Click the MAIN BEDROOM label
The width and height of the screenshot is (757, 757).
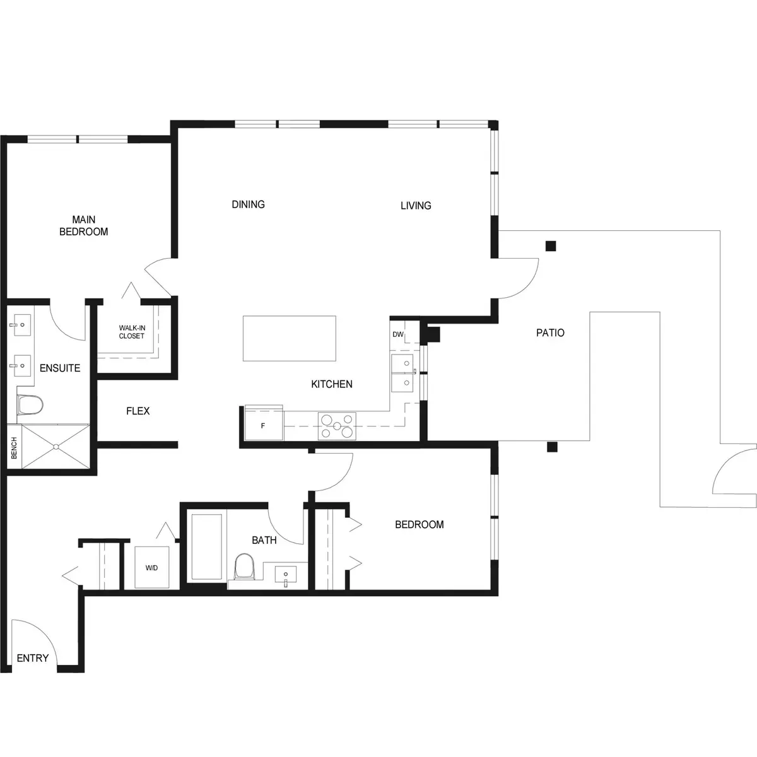[x=84, y=225]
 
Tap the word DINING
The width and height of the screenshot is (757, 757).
[x=249, y=204]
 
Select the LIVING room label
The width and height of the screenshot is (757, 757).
[x=416, y=206]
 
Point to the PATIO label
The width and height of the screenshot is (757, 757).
[x=550, y=332]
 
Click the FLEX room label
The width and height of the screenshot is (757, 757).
[x=138, y=411]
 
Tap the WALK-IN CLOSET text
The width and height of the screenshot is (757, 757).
[x=132, y=332]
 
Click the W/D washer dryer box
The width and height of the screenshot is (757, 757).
[x=152, y=567]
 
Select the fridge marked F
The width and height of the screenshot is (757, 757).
[x=264, y=426]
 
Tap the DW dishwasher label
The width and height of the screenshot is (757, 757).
[x=398, y=334]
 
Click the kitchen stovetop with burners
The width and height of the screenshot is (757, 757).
[x=337, y=426]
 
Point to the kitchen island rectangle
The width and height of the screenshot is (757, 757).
[x=290, y=338]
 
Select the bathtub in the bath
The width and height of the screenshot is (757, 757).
[x=207, y=546]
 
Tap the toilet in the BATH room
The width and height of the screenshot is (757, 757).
[x=244, y=567]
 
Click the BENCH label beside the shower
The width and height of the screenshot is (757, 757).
[x=14, y=448]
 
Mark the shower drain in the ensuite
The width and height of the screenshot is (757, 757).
[x=56, y=447]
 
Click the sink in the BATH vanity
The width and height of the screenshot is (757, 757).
[x=286, y=576]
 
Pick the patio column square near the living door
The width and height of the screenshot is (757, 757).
[x=551, y=246]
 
